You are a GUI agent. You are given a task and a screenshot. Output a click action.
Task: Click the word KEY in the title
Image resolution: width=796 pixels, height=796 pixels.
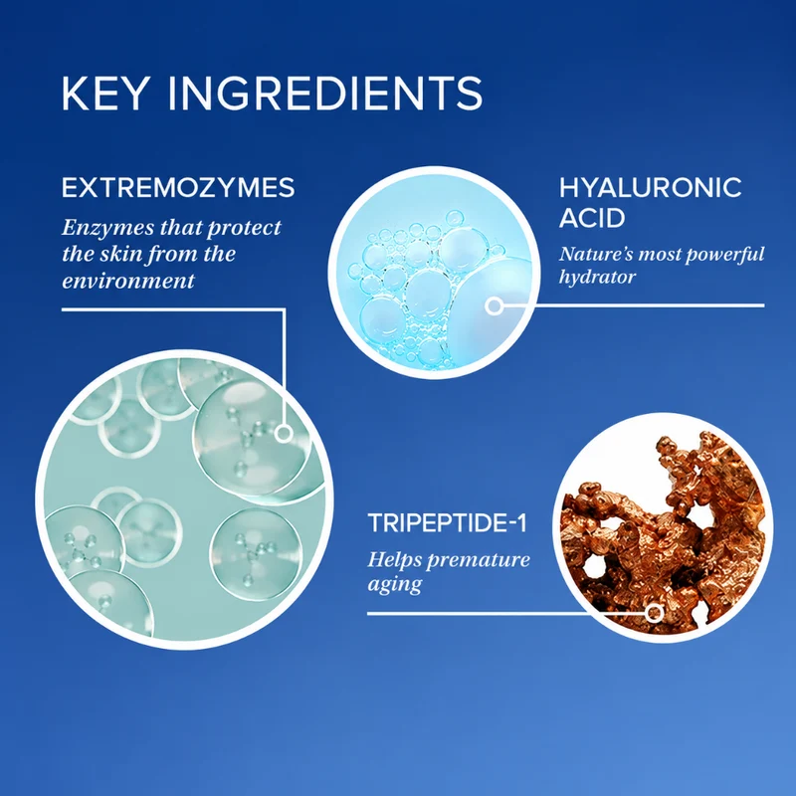point(105,94)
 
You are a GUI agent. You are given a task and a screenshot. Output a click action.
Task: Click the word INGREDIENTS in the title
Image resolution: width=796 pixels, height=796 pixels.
point(325,94)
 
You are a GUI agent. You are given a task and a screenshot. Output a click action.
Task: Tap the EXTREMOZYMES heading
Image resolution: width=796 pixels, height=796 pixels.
point(178,187)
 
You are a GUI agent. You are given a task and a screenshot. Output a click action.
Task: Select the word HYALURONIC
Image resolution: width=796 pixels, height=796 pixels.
point(651,187)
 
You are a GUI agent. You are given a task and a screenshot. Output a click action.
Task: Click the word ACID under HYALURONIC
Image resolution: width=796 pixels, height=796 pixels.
point(592,218)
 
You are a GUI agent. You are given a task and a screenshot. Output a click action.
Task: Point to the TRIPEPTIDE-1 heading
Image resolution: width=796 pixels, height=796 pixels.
point(447,523)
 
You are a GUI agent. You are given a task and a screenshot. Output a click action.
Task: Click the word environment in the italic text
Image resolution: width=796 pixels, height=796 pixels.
point(128,281)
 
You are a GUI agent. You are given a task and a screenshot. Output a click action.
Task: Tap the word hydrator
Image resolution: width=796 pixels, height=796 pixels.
point(598,278)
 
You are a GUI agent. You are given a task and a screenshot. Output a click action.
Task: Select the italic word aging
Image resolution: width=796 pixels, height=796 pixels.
point(394,585)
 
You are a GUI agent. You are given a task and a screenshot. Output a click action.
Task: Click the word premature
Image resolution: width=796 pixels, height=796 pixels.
point(479,560)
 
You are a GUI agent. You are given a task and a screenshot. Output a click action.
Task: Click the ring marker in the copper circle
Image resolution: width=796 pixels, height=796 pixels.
point(655,613)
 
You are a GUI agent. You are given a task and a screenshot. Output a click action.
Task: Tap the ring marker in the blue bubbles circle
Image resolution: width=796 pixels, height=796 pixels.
point(494,306)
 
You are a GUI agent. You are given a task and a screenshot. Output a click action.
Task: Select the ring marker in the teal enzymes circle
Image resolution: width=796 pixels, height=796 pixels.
point(284,434)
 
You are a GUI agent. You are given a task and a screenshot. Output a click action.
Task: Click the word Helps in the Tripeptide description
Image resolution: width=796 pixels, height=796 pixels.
point(394,560)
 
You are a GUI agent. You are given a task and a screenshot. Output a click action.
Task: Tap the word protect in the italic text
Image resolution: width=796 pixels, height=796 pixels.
point(245,229)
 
